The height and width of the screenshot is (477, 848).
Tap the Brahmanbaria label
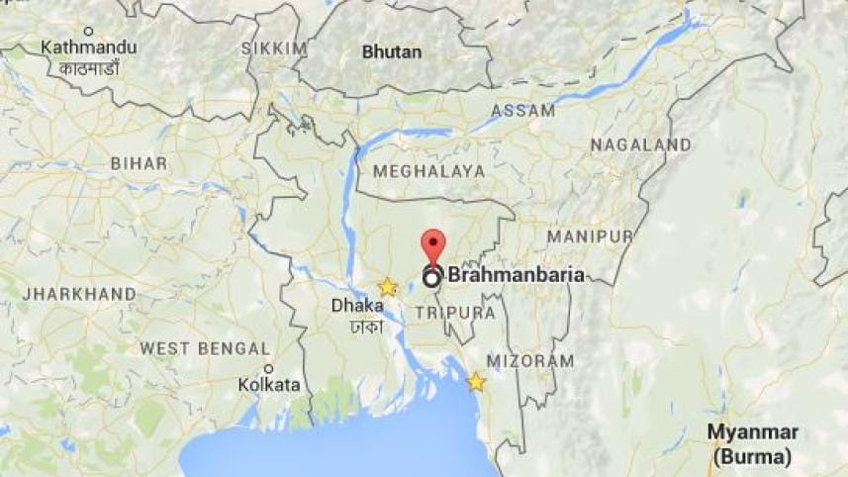coord(516,276)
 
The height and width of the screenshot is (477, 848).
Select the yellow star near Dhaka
coord(387,287)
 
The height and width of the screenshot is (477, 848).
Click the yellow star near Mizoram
coord(476,381)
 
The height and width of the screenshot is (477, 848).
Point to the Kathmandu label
coord(87,47)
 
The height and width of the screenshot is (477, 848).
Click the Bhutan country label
coord(391,51)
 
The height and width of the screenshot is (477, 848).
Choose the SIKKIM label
coord(274,48)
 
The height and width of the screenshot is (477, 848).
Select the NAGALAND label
coord(640,144)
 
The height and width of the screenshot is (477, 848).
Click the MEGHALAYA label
coord(428,171)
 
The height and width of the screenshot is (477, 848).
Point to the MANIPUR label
coord(590,237)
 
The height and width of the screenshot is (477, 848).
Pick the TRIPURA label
coord(455,312)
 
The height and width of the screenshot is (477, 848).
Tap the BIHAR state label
coord(139,163)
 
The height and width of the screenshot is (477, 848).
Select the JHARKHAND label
coord(79,294)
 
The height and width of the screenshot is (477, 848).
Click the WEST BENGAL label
coord(204,348)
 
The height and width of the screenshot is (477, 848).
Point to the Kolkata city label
coord(269,383)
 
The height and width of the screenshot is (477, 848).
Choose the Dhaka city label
coord(356,307)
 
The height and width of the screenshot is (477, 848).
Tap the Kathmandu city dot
coord(88,32)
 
